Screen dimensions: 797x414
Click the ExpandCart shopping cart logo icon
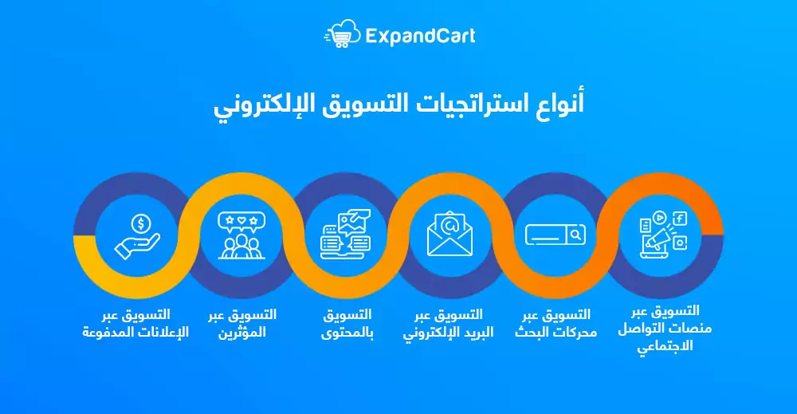pos(342,34)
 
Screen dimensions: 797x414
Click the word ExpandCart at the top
pos(420,36)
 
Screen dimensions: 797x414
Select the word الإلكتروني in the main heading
pos(252,105)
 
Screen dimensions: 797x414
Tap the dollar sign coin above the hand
pos(141,223)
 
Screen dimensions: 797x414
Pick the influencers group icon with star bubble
pos(241,235)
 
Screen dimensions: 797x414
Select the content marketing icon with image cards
pos(346,235)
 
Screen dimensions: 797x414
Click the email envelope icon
pos(450,234)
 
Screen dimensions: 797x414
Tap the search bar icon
pos(555,235)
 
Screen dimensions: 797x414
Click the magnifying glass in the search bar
pos(576,235)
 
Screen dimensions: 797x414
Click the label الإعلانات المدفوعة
pos(135,332)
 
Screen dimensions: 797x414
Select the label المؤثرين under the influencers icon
pos(242,332)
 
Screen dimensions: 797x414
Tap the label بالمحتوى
pos(347,333)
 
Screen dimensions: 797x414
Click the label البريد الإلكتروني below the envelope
pos(448,333)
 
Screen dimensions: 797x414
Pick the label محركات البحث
pos(556,332)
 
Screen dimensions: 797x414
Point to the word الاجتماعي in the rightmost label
pos(665,346)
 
